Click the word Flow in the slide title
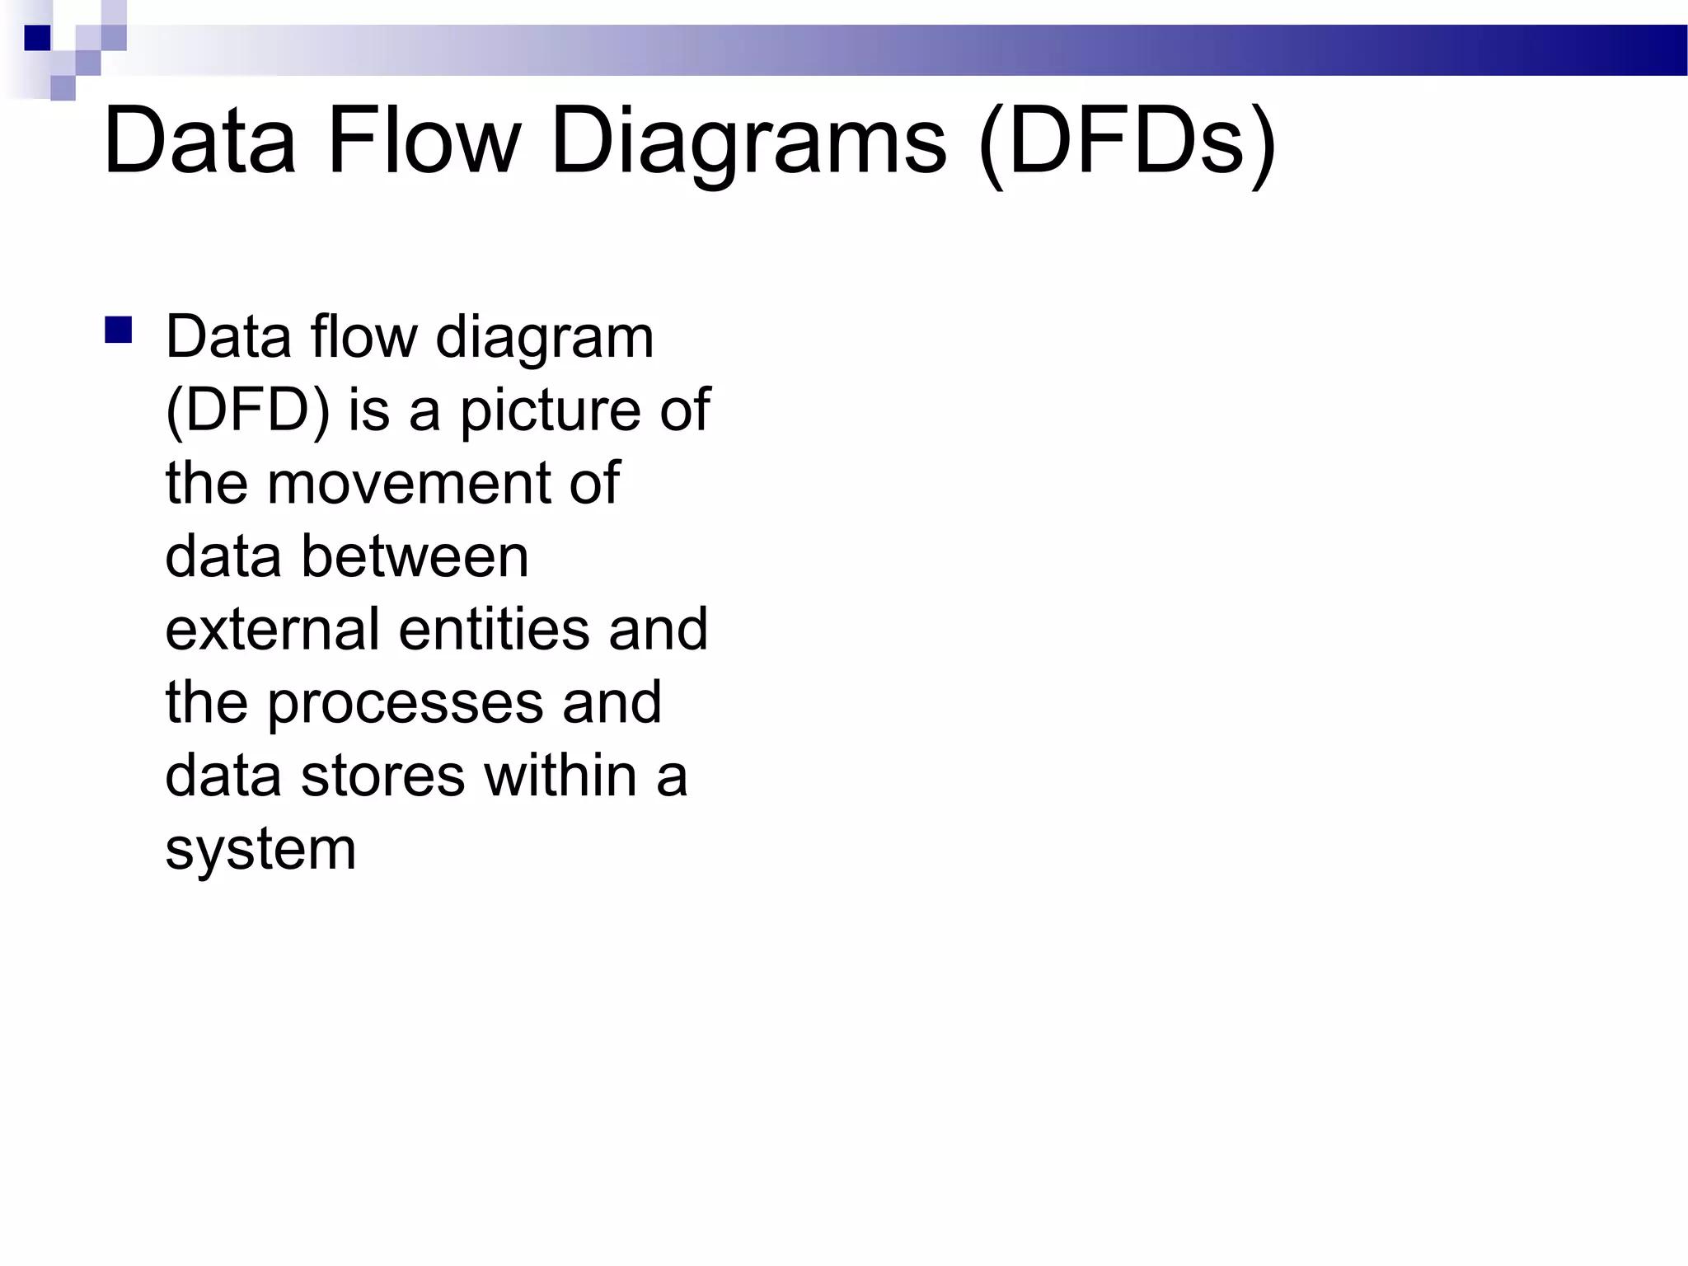pos(424,141)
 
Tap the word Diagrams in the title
pos(748,141)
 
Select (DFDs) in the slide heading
pos(1127,141)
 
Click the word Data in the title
pos(199,141)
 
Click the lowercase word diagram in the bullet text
pos(544,338)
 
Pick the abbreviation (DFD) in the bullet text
pos(247,410)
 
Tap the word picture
pos(550,410)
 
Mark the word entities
pos(494,629)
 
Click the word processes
pos(405,702)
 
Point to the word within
pos(560,776)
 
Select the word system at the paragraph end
pos(260,849)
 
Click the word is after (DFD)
pos(368,410)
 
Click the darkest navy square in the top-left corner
pos(37,38)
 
